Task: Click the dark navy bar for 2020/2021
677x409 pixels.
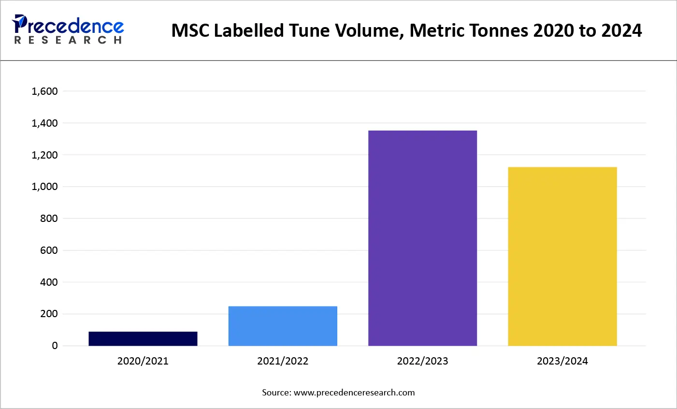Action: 143,338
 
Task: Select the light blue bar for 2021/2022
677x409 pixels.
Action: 283,326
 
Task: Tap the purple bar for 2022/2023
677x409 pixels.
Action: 422,238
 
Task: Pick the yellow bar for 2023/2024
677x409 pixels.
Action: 562,256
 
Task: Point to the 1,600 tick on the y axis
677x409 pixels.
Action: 44,91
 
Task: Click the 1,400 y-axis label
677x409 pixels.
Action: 44,123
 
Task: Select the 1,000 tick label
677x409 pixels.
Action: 44,187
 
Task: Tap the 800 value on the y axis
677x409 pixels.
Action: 49,219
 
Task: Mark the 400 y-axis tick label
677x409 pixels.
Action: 49,282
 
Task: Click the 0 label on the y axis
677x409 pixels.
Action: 55,346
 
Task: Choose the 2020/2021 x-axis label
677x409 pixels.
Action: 143,361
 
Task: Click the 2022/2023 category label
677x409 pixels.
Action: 422,361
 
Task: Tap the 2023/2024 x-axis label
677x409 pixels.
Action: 562,361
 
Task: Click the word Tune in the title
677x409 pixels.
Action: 310,31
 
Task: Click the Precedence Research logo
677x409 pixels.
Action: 68,29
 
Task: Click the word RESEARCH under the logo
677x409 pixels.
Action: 68,40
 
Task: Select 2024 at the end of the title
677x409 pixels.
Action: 621,31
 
